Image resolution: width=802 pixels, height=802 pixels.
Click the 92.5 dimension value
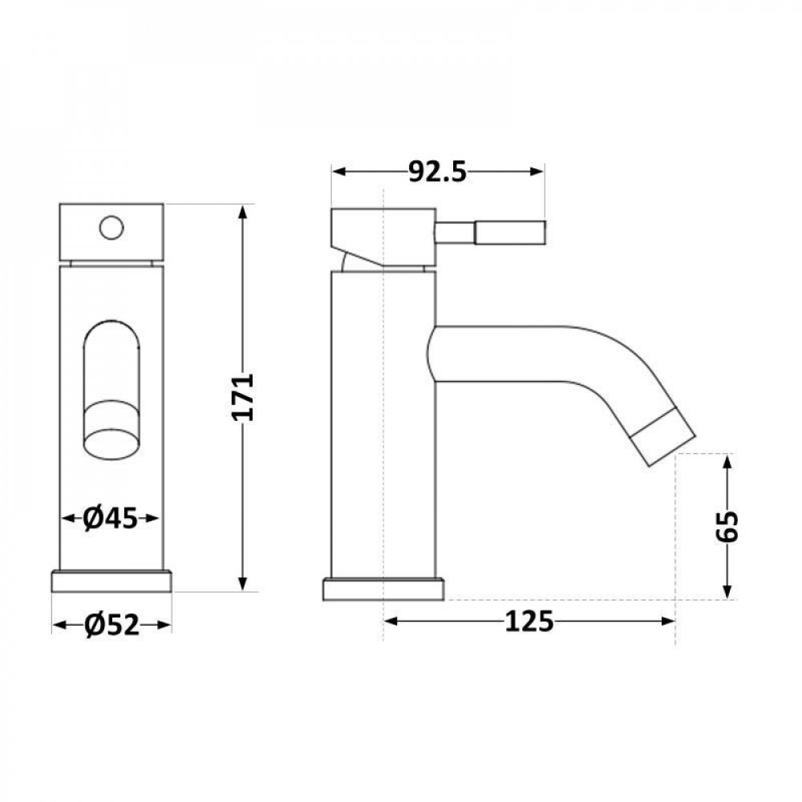click(x=437, y=172)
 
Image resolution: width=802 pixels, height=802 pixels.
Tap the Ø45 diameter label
click(x=111, y=519)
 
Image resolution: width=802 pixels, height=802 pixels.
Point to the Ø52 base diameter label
click(x=111, y=625)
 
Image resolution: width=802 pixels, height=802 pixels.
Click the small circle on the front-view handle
click(x=111, y=228)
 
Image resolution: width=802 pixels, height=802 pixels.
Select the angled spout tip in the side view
click(x=662, y=439)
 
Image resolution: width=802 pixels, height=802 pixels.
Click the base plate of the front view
click(x=111, y=581)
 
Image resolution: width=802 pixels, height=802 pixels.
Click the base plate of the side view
click(x=383, y=589)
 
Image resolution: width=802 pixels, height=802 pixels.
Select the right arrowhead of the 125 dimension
click(x=667, y=620)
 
